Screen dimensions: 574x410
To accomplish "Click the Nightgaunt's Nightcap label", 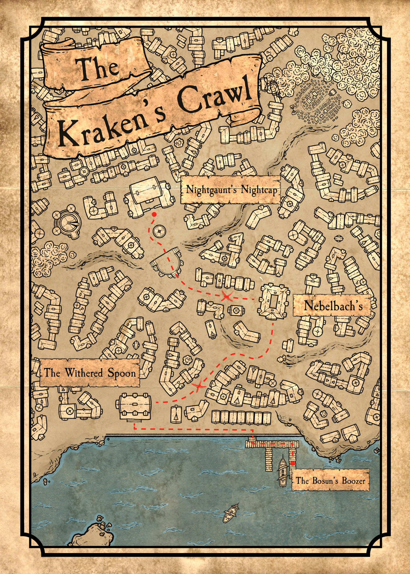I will point(231,190).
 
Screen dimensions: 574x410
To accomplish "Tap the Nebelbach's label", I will point(332,306).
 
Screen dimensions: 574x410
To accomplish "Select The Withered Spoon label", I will point(90,373).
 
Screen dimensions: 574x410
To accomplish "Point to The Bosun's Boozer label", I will point(330,481).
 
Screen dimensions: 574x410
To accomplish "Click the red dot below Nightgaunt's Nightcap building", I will point(154,214).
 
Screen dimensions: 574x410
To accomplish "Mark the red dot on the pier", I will point(293,464).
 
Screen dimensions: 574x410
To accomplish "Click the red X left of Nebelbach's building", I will point(227,297).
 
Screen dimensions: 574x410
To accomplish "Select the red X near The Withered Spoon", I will point(198,386).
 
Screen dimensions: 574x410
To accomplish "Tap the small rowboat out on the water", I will point(231,513).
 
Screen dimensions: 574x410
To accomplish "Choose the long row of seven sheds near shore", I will point(241,417).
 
